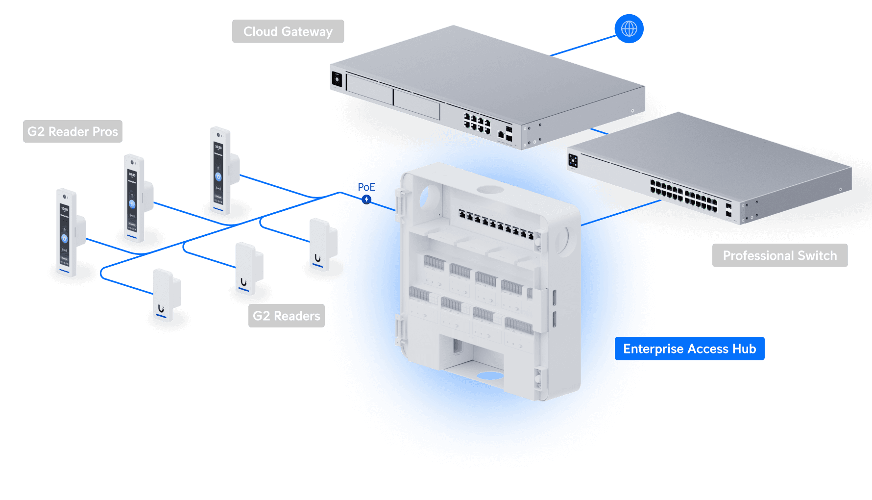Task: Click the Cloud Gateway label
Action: [x=288, y=31]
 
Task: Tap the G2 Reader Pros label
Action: [x=73, y=131]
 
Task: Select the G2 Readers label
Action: [x=287, y=316]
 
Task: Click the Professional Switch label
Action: [x=779, y=255]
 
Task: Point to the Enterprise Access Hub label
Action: [x=689, y=349]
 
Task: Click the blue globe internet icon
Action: [x=629, y=29]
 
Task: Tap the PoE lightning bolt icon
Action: [x=366, y=200]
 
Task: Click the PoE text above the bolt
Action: [x=366, y=187]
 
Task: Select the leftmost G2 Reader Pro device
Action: [x=67, y=233]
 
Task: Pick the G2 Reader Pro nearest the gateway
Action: [x=221, y=171]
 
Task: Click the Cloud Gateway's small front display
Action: [x=337, y=78]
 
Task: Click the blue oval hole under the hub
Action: [x=490, y=376]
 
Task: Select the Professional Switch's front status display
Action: [x=573, y=160]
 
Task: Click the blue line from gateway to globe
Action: [x=583, y=46]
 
